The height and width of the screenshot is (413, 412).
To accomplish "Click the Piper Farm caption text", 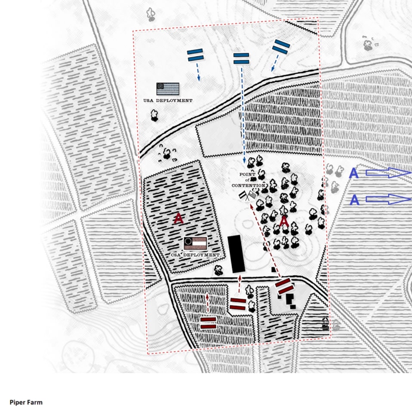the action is click(26, 402).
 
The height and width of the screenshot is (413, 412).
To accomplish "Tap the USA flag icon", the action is click(168, 89).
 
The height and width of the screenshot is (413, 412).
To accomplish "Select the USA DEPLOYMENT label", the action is click(168, 100).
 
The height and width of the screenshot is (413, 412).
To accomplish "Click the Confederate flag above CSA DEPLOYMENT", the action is click(195, 243).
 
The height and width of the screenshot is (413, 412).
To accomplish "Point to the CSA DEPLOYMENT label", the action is click(195, 255).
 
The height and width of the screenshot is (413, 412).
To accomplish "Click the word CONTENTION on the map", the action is click(249, 185).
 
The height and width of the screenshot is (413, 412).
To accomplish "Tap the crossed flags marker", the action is click(248, 196).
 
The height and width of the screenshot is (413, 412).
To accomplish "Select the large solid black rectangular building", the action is click(236, 254).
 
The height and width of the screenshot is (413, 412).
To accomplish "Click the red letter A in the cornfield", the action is click(178, 219).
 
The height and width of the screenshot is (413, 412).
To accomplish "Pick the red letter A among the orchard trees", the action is click(284, 221).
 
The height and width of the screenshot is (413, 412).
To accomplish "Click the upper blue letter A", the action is click(354, 173).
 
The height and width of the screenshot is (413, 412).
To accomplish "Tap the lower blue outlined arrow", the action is click(388, 199).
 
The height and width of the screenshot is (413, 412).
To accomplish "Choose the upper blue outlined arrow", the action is click(388, 173).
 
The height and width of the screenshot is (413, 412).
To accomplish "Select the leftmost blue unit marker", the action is click(195, 55).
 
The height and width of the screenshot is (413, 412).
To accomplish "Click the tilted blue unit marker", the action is click(281, 47).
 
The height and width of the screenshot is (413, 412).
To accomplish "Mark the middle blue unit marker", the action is click(241, 58).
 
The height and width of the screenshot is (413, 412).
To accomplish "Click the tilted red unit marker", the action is click(285, 286).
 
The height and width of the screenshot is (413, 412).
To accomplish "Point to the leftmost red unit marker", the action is click(208, 323).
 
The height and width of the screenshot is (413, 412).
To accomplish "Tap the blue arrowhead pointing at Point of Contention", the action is click(244, 161).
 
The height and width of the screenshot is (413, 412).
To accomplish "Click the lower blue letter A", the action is click(354, 200).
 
